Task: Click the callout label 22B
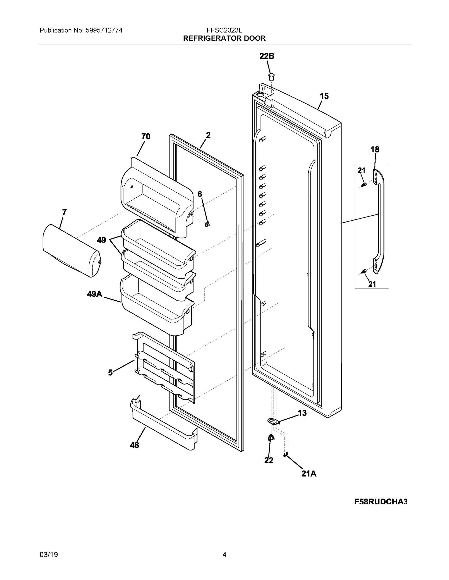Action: (267, 56)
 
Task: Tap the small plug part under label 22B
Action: (271, 77)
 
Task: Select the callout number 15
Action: (324, 96)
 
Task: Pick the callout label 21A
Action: (309, 473)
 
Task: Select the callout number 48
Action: (134, 445)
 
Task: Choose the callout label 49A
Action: (95, 294)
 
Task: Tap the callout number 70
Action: (145, 137)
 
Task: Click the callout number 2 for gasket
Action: (208, 135)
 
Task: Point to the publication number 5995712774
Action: (104, 30)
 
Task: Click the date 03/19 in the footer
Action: (49, 555)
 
